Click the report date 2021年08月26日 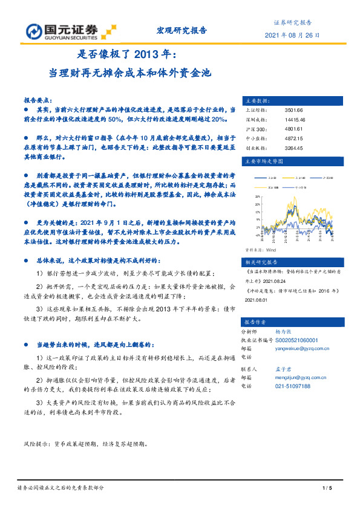292,36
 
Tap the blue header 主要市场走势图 263,161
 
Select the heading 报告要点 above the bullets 38,99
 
